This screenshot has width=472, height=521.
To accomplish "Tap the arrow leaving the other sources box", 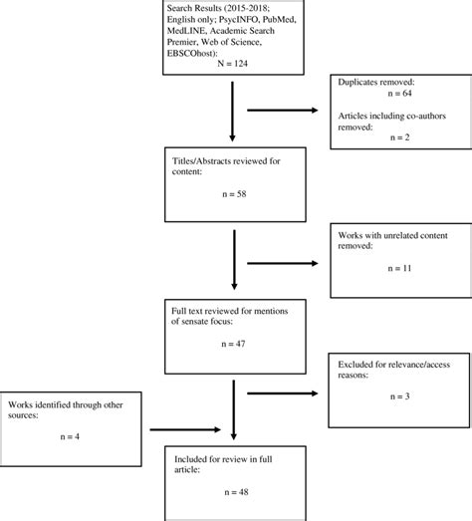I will click(189, 430).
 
